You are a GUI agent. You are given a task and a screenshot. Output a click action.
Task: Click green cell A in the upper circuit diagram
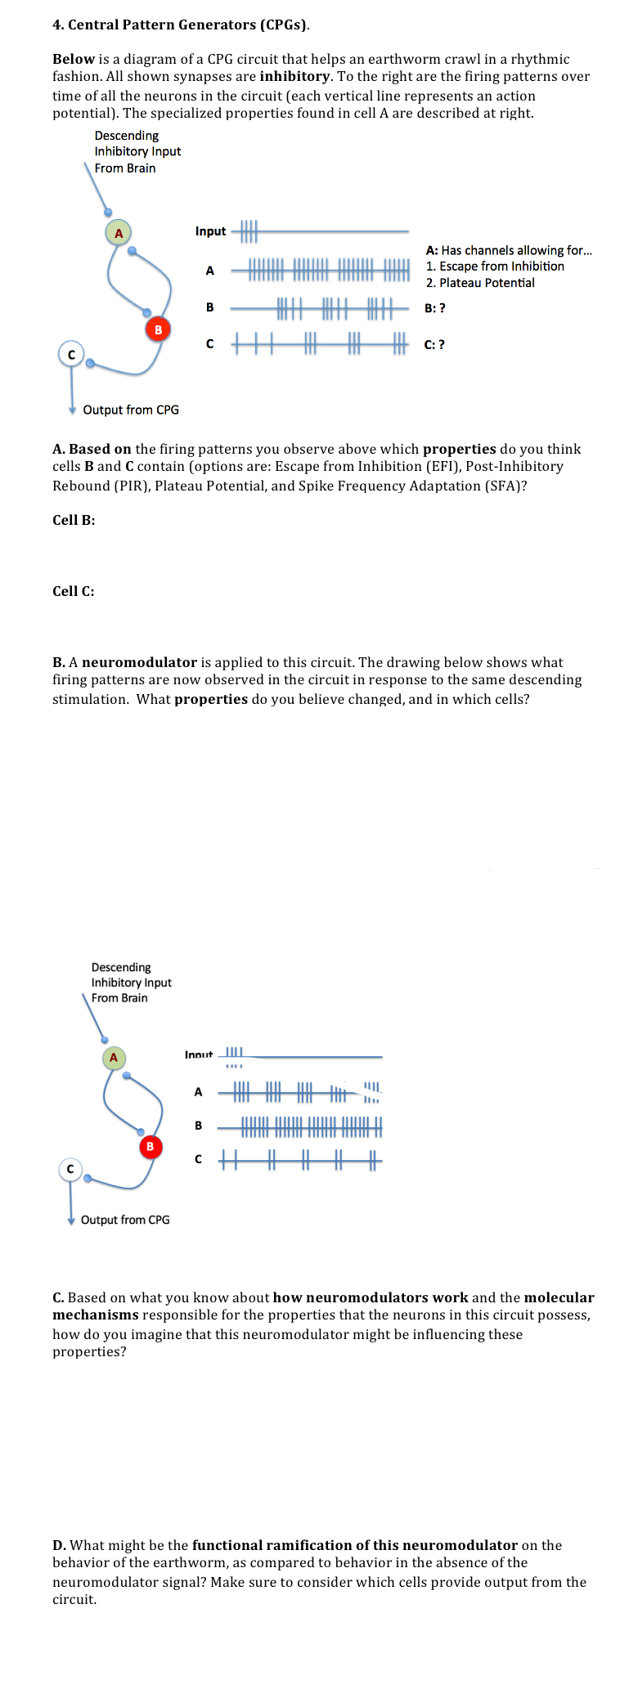(x=119, y=233)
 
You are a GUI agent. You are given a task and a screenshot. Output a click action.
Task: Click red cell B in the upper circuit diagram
(x=158, y=329)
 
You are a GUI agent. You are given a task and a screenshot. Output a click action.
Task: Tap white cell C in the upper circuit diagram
(x=71, y=354)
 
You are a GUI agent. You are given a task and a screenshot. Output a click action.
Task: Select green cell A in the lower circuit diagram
(x=114, y=1058)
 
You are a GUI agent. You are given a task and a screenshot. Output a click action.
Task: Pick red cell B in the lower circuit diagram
(x=150, y=1147)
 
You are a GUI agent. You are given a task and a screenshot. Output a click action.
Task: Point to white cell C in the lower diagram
(x=70, y=1170)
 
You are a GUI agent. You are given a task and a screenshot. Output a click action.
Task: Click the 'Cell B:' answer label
(x=74, y=520)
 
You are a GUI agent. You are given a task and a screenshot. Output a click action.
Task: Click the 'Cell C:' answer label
(x=74, y=591)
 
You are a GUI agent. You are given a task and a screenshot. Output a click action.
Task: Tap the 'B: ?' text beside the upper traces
(x=435, y=308)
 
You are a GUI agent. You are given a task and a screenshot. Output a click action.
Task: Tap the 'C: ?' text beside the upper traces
(x=434, y=344)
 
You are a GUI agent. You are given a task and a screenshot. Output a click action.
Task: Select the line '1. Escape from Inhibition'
(x=495, y=267)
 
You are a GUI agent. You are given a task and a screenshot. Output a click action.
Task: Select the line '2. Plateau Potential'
(x=480, y=283)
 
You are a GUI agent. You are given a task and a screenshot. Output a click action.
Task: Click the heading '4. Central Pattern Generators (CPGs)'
(x=181, y=25)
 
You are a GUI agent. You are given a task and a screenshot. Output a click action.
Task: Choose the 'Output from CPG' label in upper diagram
(x=131, y=410)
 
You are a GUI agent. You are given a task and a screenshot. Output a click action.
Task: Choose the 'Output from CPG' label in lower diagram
(x=125, y=1220)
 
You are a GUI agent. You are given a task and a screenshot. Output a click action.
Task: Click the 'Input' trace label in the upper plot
(x=210, y=231)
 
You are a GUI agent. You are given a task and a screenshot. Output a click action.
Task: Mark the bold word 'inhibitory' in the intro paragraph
(x=294, y=76)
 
